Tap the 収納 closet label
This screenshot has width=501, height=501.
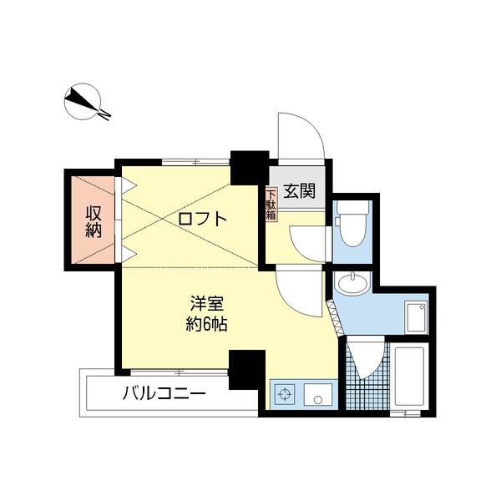(93, 220)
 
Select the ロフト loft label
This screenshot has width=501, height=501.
(201, 219)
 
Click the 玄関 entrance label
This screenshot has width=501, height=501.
(299, 190)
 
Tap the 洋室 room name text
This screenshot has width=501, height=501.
(206, 303)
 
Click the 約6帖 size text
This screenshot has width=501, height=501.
(206, 324)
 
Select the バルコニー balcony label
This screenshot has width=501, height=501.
(164, 392)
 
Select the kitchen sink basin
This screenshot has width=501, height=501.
(317, 394)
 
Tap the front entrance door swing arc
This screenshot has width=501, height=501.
(301, 134)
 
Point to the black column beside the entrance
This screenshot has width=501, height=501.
(248, 166)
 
